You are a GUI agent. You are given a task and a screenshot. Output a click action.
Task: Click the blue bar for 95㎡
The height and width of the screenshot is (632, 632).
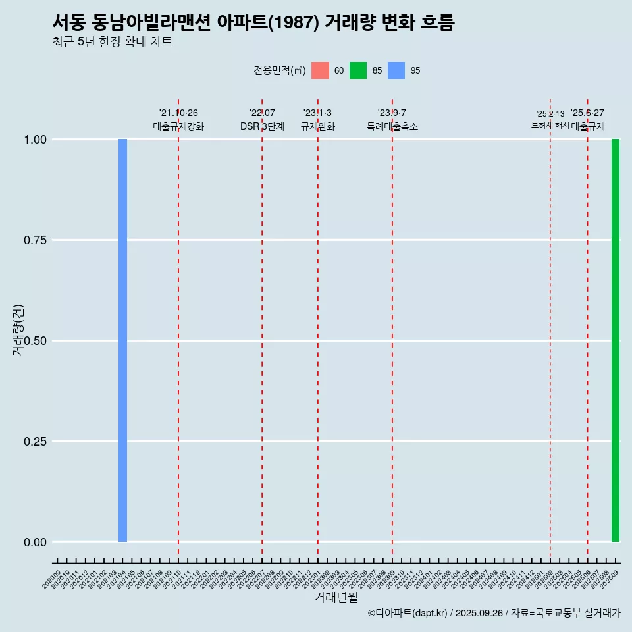coord(122,340)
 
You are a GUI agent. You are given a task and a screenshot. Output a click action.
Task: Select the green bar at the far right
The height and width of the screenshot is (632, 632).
coord(616,340)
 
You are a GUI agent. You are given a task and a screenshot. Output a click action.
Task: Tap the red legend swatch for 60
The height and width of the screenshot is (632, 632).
coord(320,70)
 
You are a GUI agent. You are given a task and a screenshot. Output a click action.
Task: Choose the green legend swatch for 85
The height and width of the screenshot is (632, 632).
coord(358,70)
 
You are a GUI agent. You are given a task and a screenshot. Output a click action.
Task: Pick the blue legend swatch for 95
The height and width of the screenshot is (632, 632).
coord(396,70)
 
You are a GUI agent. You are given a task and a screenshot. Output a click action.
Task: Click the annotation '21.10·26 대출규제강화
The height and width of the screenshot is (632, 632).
coord(178,120)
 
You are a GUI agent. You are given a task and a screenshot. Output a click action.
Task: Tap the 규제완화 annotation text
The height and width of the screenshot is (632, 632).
coord(318,126)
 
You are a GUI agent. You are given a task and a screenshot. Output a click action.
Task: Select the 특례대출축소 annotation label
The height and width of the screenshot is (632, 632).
coord(392,126)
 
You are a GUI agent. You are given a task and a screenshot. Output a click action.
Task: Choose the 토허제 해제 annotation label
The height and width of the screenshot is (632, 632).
coord(550,124)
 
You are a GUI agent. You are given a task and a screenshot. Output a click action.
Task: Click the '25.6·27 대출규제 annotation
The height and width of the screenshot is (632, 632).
coord(588,120)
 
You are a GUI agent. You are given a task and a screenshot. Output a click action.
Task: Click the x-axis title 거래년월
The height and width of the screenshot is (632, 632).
coord(336,598)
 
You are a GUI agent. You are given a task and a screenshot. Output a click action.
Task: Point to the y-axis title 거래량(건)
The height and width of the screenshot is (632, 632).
coord(18,329)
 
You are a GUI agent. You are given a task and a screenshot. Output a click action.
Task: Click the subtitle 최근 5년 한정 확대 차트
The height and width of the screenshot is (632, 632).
coord(112,42)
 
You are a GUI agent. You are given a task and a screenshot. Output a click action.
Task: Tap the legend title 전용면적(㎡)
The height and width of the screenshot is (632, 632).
coord(279,70)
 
